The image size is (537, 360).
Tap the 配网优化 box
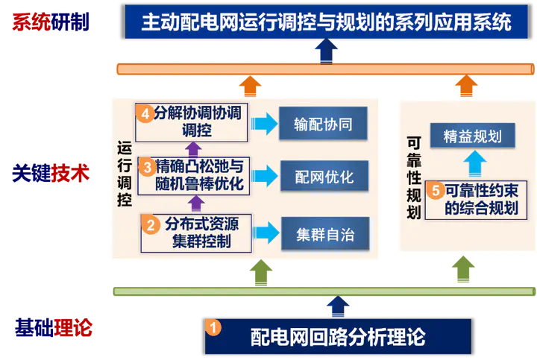323,177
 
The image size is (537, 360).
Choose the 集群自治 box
323,235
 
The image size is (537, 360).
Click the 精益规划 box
471,136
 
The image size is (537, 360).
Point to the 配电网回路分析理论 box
338,336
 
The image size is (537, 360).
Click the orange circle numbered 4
145,113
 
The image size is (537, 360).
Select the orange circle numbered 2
150,223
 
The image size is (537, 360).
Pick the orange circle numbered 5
436,191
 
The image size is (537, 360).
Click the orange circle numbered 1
213,327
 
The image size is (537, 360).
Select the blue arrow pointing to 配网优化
263,177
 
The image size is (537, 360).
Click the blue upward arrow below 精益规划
471,163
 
